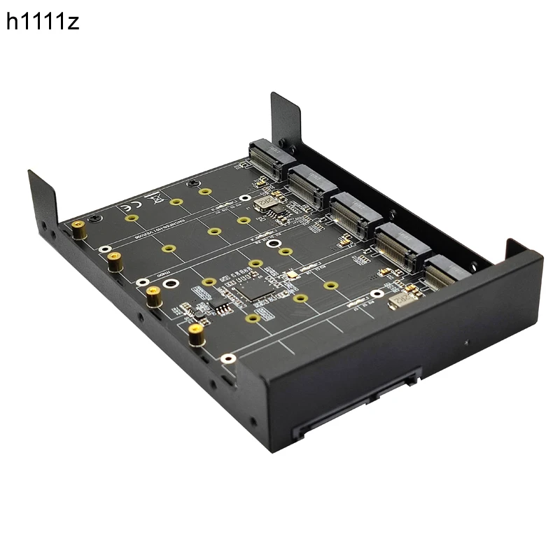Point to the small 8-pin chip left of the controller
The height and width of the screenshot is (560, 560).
click(219, 306)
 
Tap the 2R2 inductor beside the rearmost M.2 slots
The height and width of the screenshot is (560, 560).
click(266, 203)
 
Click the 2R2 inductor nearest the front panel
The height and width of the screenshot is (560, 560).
click(399, 299)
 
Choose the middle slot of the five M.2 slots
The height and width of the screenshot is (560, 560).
click(353, 212)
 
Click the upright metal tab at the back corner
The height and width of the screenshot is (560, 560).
click(286, 115)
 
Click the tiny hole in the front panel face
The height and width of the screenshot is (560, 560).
click(466, 343)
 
